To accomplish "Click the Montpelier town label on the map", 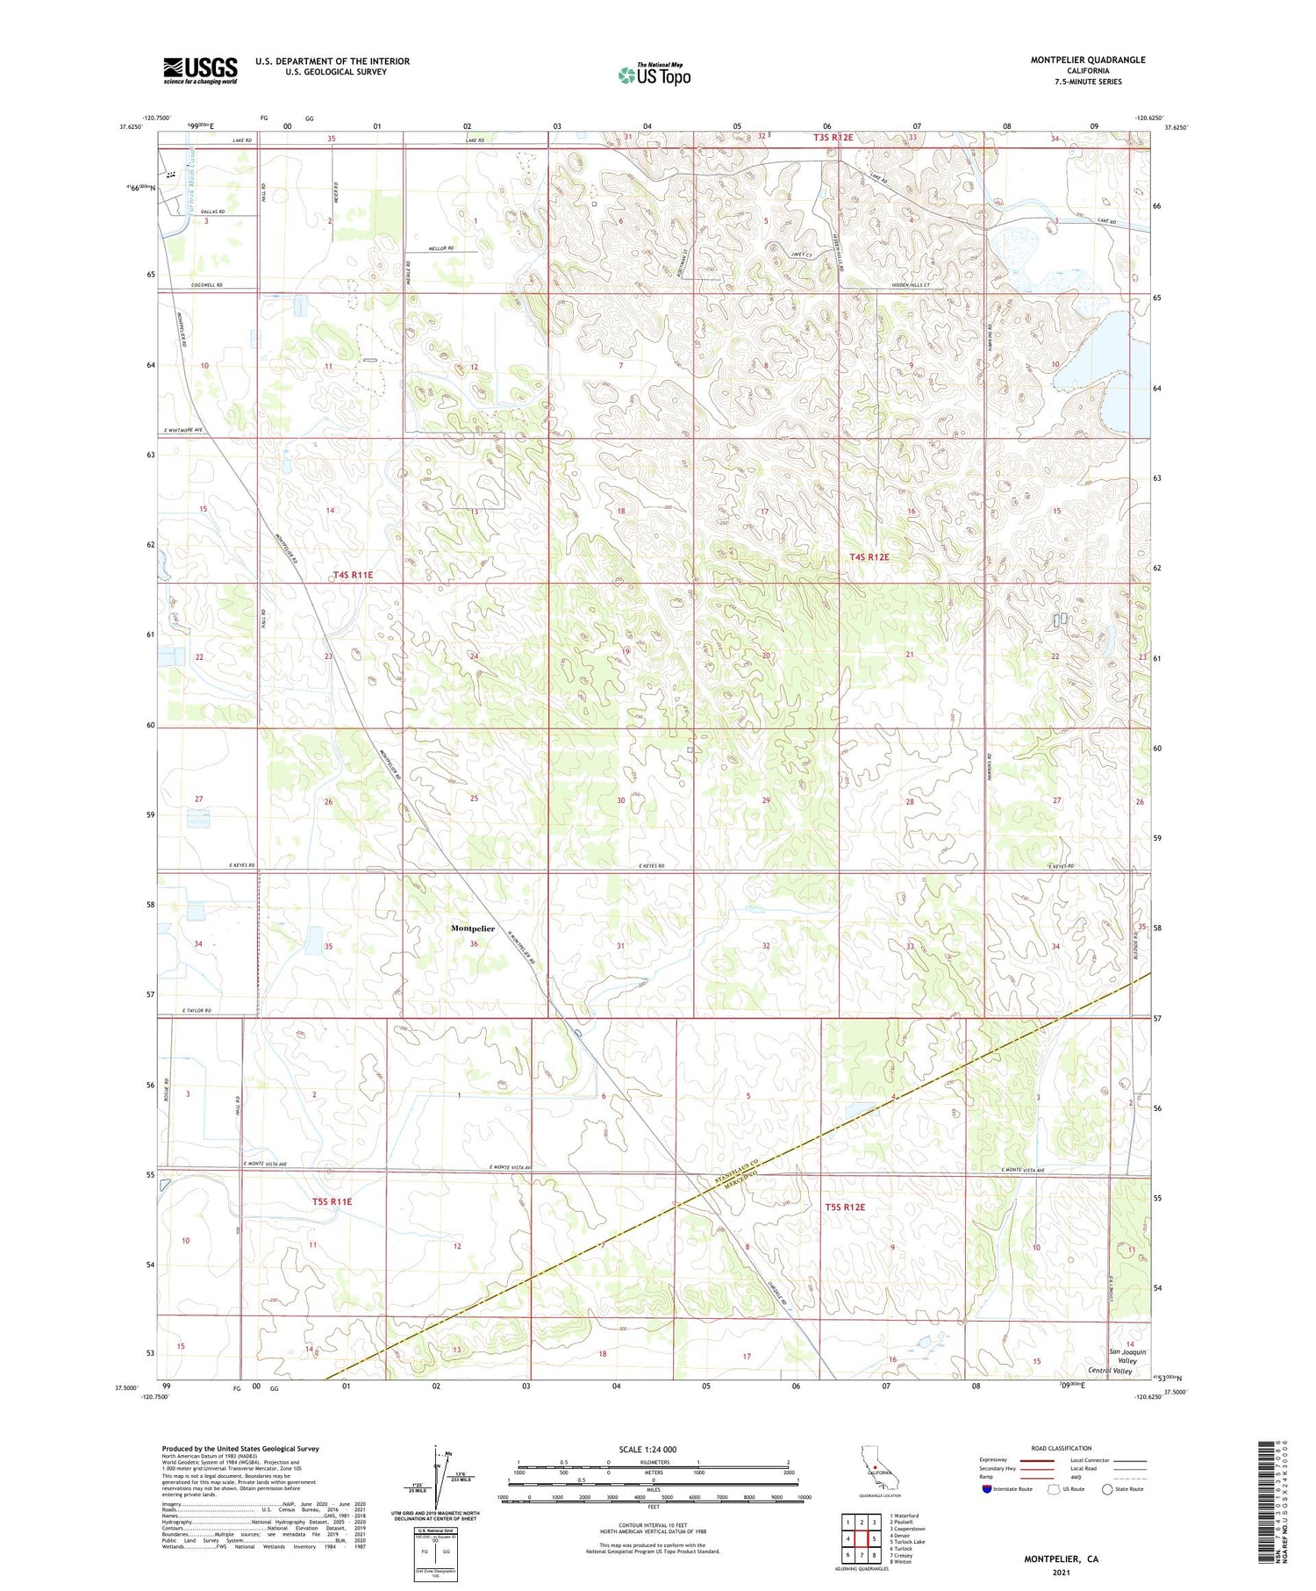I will point(472,928).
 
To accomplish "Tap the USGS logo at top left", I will point(200,70).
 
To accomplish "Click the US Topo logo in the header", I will point(654,75).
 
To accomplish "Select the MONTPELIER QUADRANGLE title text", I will point(1088,60).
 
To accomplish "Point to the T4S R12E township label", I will point(869,557).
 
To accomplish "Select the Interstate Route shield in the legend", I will point(986,1489).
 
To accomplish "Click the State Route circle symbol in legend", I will point(1107,1489).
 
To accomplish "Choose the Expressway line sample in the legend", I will point(1036,1460).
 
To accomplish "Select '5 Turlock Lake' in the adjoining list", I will point(906,1542).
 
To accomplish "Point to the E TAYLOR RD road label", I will point(197,1011).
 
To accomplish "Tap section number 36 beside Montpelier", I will point(474,944).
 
